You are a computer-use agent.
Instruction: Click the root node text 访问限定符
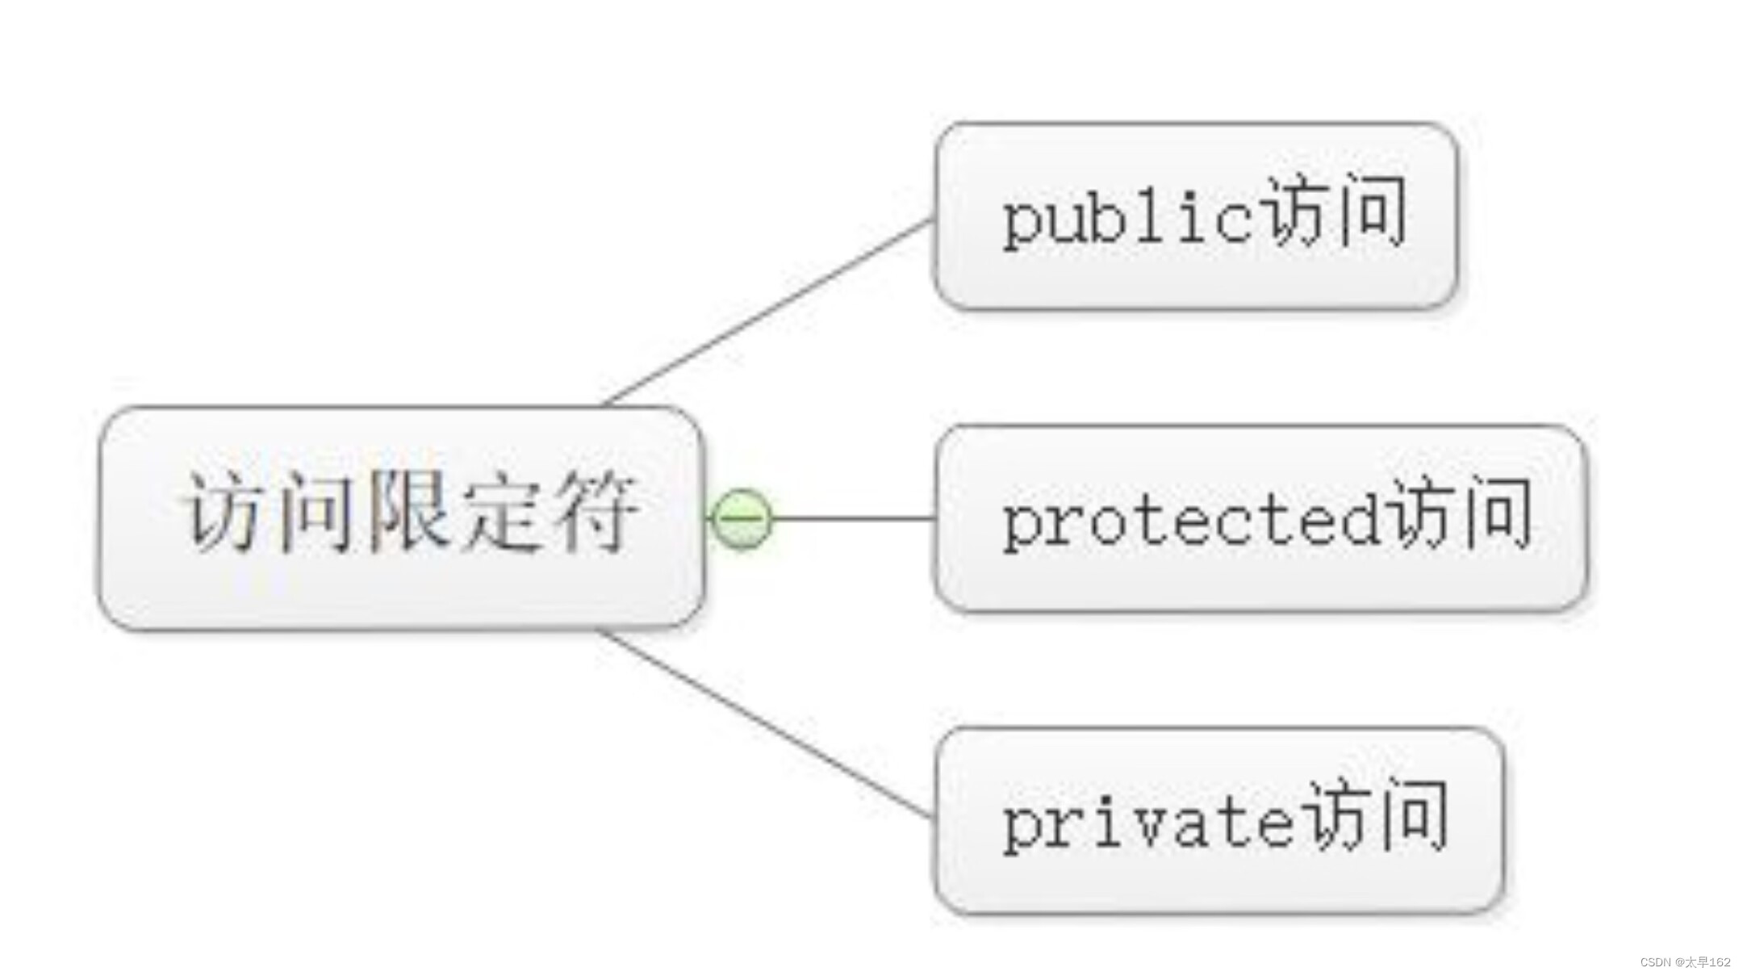[410, 513]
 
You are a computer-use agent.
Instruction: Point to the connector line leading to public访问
[767, 311]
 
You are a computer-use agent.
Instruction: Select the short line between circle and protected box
[852, 519]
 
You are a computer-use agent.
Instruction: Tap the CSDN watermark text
[1685, 962]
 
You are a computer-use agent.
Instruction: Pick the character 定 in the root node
[502, 513]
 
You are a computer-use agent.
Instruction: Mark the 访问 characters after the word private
[1377, 815]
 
